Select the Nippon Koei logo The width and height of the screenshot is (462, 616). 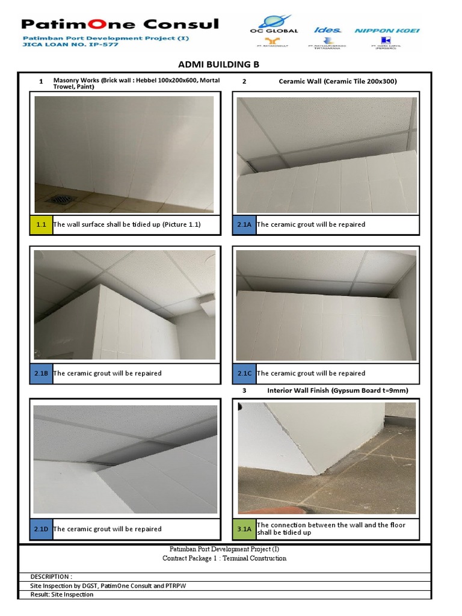(x=387, y=30)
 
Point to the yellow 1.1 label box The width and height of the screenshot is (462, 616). (x=42, y=224)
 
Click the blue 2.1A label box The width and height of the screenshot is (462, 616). (x=244, y=224)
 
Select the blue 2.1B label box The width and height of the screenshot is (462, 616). (x=42, y=373)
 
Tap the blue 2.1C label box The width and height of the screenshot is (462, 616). (x=244, y=373)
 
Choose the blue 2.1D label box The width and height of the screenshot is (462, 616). (x=42, y=529)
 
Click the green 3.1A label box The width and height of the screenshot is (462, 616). (x=244, y=529)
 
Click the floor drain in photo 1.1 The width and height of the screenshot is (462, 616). (x=61, y=200)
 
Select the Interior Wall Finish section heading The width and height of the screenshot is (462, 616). (x=337, y=390)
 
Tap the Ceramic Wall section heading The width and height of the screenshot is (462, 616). (x=337, y=81)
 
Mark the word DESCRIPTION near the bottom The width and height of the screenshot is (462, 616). (x=51, y=576)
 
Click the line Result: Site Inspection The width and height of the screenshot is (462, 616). (x=62, y=594)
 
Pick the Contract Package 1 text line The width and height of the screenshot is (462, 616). (x=224, y=558)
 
